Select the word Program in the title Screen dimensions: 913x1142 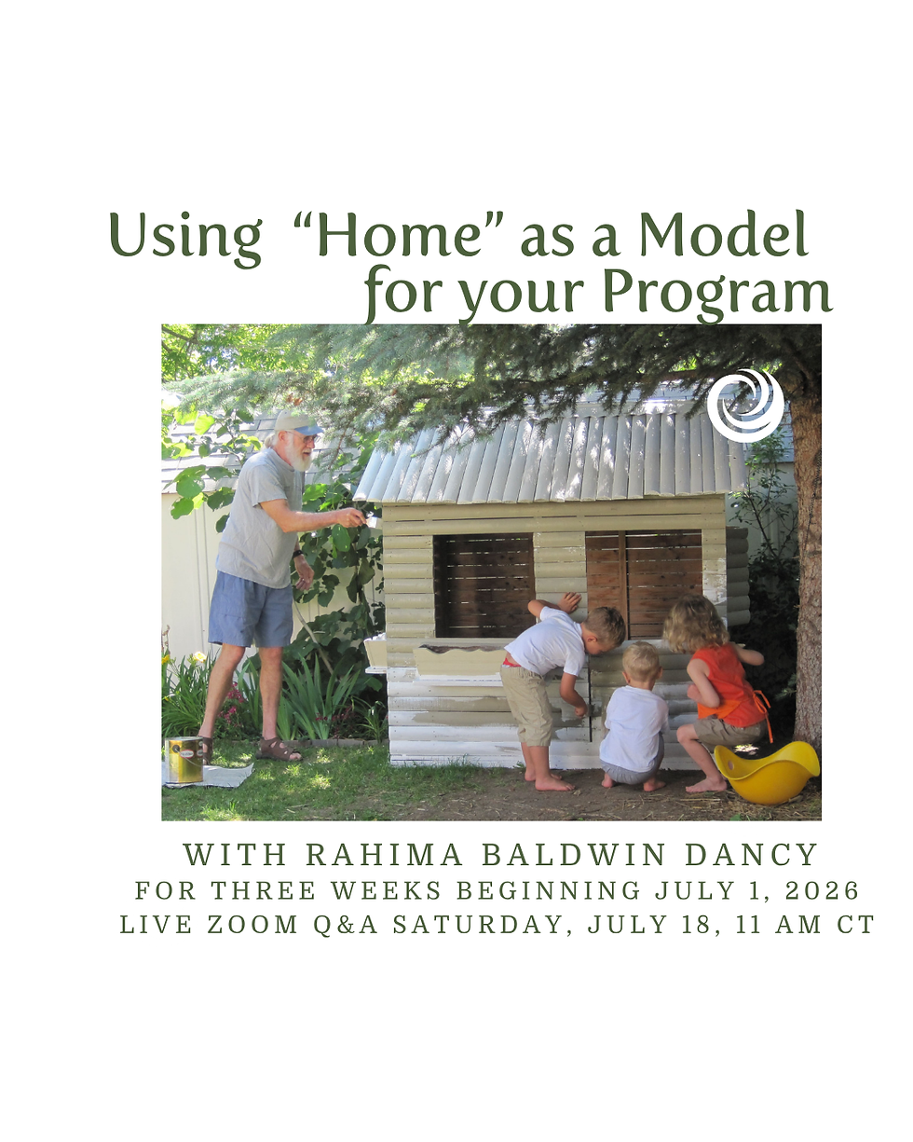pos(716,294)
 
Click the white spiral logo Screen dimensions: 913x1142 pos(744,406)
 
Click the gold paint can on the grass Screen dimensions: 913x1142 pos(184,760)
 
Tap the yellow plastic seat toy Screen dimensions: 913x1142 pos(766,772)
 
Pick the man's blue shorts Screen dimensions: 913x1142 pos(251,609)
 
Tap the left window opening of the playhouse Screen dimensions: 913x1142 pos(484,585)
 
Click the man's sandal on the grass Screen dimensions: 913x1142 pos(279,750)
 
